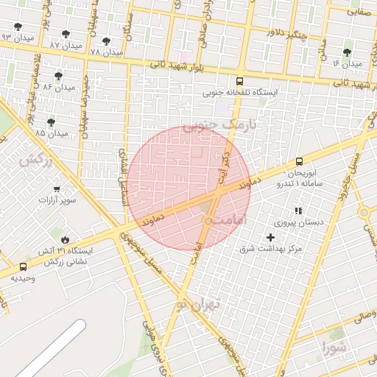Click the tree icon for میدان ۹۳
18,27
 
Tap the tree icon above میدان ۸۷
67,34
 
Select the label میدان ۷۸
105,53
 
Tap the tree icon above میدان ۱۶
347,52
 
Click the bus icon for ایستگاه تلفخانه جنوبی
239,82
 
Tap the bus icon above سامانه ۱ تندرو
298,161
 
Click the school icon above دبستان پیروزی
298,211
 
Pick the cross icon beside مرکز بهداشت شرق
270,237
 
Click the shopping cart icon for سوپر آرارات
57,189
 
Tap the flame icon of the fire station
65,239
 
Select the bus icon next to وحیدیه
24,267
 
